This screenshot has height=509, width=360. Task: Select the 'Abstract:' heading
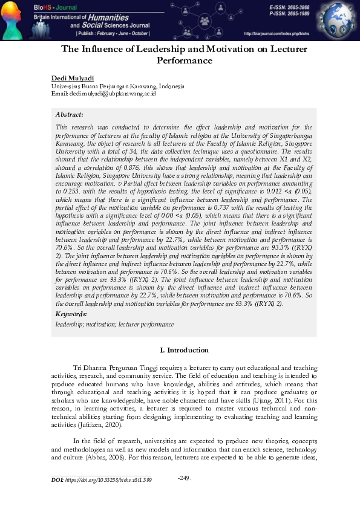[x=70, y=114]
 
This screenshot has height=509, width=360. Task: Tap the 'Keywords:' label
[x=71, y=314]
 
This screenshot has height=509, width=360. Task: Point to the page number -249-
[x=185, y=479]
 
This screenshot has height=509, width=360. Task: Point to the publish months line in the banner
[x=113, y=34]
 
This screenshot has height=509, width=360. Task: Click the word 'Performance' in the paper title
[x=185, y=60]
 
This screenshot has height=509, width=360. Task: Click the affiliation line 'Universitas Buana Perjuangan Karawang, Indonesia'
[x=117, y=86]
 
